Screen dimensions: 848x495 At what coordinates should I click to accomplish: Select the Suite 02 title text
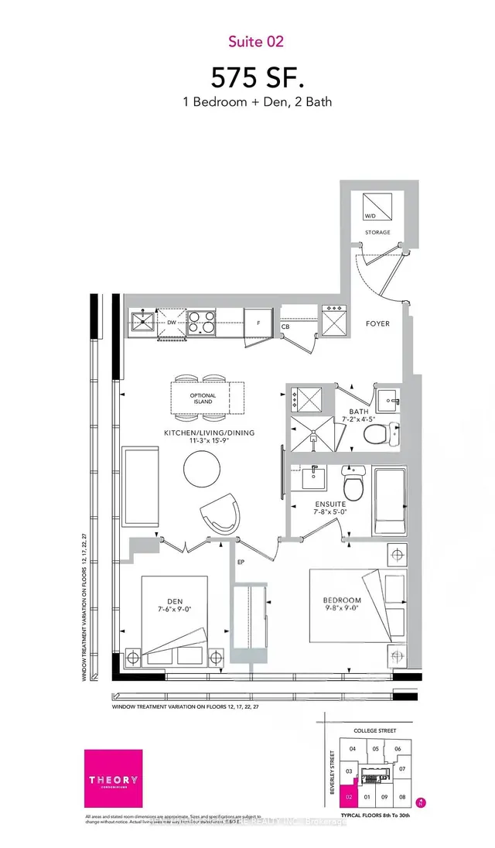247,40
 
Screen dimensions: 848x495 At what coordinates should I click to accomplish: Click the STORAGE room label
378,232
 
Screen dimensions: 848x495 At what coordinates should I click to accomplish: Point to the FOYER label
378,323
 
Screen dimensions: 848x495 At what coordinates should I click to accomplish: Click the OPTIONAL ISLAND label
203,398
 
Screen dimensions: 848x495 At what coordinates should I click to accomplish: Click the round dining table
203,468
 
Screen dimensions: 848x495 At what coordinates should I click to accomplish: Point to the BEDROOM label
343,601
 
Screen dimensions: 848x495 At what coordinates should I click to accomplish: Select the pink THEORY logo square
113,778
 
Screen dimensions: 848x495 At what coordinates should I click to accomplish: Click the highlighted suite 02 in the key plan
350,795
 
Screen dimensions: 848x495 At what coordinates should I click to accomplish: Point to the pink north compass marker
421,802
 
